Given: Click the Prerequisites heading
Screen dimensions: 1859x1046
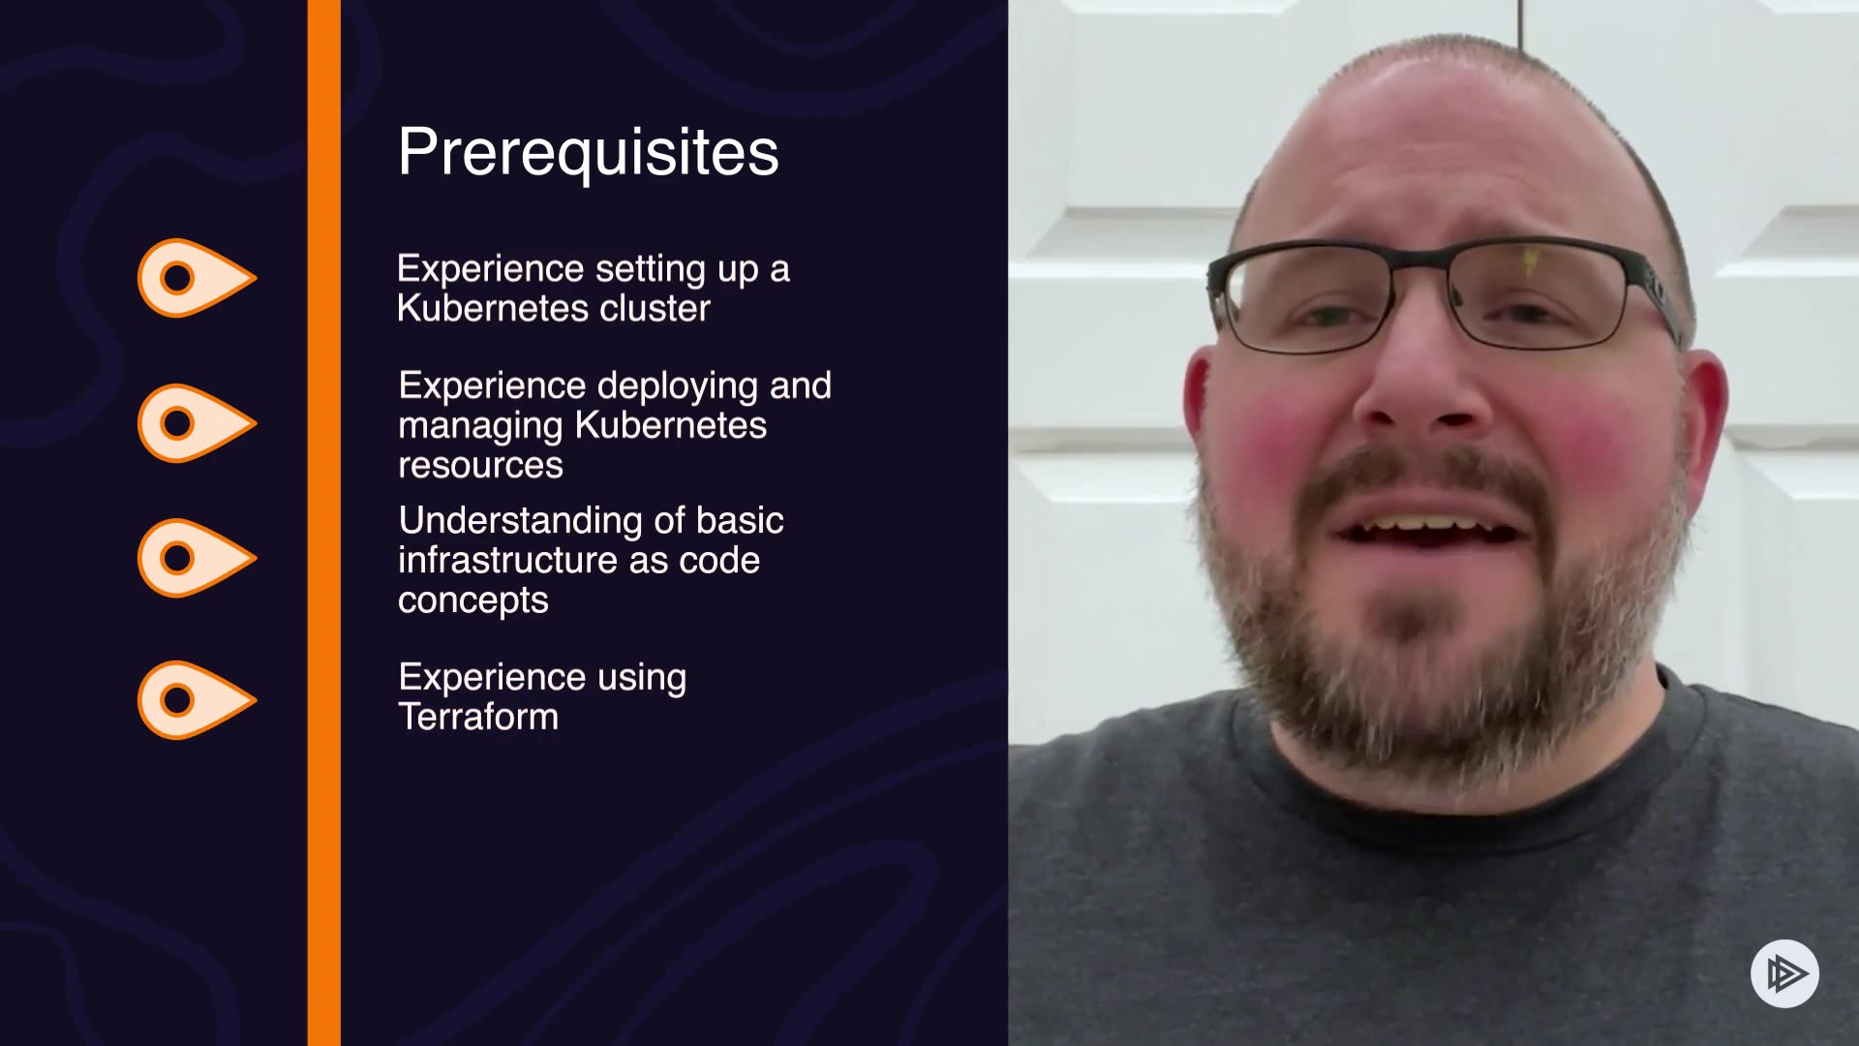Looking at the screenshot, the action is pyautogui.click(x=588, y=152).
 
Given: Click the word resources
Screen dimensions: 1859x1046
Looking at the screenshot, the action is pyautogui.click(x=480, y=465).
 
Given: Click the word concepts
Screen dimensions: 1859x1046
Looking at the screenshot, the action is pyautogui.click(x=473, y=600).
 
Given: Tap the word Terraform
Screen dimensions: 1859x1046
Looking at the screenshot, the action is pyautogui.click(x=478, y=717).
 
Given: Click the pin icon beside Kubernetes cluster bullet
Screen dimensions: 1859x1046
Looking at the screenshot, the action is pyautogui.click(x=197, y=278).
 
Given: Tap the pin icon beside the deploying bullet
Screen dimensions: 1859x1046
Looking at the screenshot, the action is pyautogui.click(x=197, y=423).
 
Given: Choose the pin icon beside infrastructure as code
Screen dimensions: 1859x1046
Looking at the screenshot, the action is pyautogui.click(x=197, y=558).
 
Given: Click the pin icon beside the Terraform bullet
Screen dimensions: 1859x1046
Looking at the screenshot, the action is pyautogui.click(x=197, y=700).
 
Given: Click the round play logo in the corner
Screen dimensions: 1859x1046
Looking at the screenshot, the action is pyautogui.click(x=1784, y=973).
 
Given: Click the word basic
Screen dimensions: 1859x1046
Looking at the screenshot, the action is pyautogui.click(x=740, y=521).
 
